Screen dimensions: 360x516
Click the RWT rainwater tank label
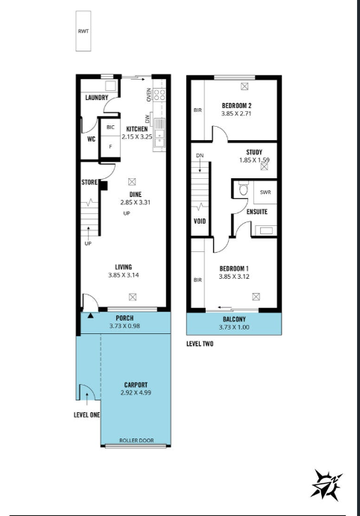tap(83, 31)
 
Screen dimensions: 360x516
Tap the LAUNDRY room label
tap(97, 98)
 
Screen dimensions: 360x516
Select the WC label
tap(91, 139)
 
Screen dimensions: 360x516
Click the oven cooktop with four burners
tap(160, 95)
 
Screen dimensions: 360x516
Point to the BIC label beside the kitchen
tap(110, 128)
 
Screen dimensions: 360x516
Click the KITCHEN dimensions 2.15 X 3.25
tap(137, 136)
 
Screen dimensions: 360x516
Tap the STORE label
tap(89, 182)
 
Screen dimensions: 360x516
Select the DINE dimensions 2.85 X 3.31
tap(135, 202)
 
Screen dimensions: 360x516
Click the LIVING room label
tap(124, 267)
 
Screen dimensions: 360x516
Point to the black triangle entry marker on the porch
tap(90, 315)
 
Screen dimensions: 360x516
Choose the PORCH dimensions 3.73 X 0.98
tap(124, 326)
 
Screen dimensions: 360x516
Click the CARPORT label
tap(136, 385)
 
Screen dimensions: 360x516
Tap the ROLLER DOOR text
tap(136, 440)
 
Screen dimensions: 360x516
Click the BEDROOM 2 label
tap(236, 106)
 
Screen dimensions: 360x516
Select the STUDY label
tap(254, 152)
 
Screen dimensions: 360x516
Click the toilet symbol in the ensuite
tap(243, 189)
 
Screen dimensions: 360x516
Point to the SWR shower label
tap(265, 192)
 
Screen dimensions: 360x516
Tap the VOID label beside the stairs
tap(200, 221)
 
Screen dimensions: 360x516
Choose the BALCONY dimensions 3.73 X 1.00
tap(234, 327)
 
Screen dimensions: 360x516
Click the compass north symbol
tap(326, 485)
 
